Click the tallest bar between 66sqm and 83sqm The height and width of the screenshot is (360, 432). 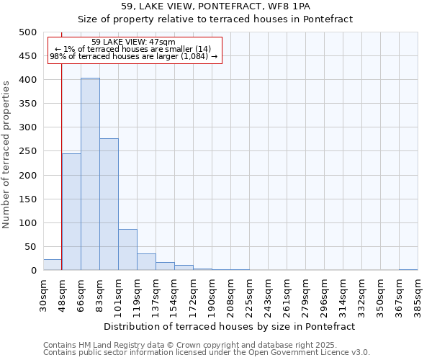point(90,174)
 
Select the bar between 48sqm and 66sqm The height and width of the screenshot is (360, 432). point(71,212)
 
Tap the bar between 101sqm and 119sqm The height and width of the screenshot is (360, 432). point(127,250)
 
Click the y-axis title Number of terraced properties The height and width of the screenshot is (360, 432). point(7,154)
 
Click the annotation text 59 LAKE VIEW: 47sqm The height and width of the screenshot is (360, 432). point(133,42)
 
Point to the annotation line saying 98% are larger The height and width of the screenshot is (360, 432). point(133,57)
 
